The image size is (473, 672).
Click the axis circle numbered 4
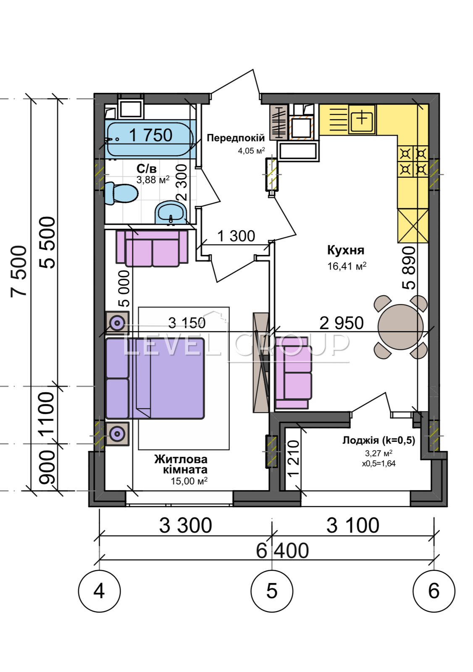coord(99,591)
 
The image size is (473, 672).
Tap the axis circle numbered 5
coord(272,591)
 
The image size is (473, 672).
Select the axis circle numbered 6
coord(434,591)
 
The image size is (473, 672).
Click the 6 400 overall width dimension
coord(282,550)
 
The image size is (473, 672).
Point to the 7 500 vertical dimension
coord(18,271)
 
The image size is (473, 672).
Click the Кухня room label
coord(346,250)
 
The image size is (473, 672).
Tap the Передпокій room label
coord(236,138)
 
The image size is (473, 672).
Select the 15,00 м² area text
coord(189,481)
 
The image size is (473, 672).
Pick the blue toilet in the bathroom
coord(121,193)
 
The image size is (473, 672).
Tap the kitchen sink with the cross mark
coord(362,119)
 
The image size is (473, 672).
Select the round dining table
coord(401,327)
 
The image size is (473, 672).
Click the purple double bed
coord(155,378)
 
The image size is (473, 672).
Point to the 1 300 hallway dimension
coord(236,236)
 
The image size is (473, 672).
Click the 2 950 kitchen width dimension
coord(342,323)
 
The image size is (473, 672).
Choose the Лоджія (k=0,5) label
coord(379,441)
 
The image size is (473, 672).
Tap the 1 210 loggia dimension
coord(293,458)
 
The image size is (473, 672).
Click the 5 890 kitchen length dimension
coord(409,268)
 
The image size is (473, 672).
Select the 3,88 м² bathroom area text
coord(153,180)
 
